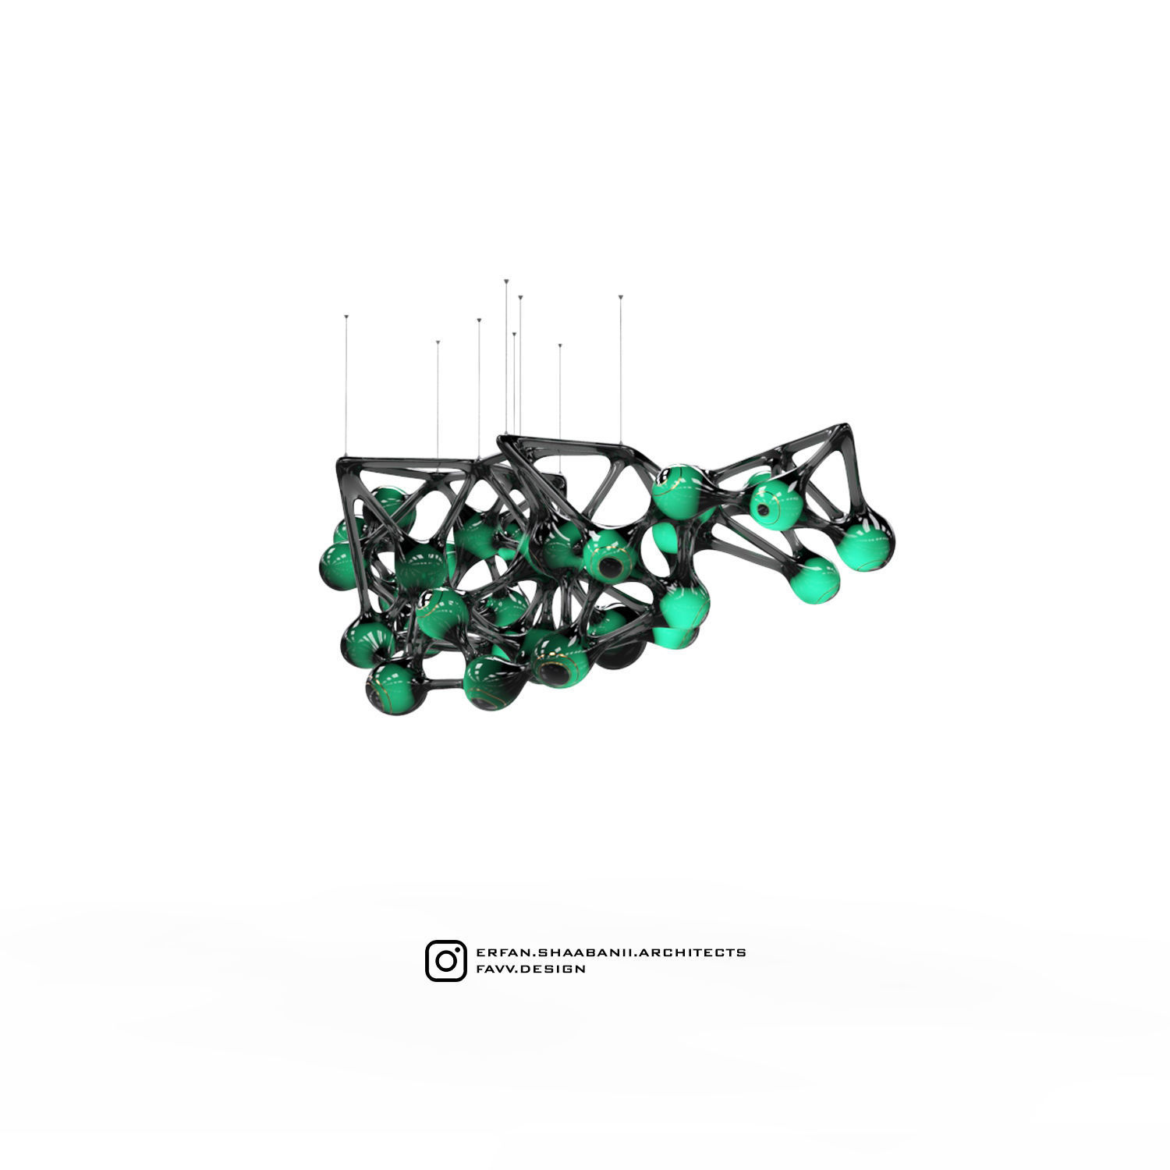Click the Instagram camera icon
tap(446, 960)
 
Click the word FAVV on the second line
tap(493, 969)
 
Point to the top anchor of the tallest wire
tap(506, 279)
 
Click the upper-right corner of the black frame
tap(844, 428)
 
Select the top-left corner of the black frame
tap(343, 459)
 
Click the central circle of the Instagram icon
tap(446, 961)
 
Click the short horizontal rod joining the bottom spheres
tap(445, 685)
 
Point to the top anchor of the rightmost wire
tap(621, 297)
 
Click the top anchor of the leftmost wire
tap(346, 317)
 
